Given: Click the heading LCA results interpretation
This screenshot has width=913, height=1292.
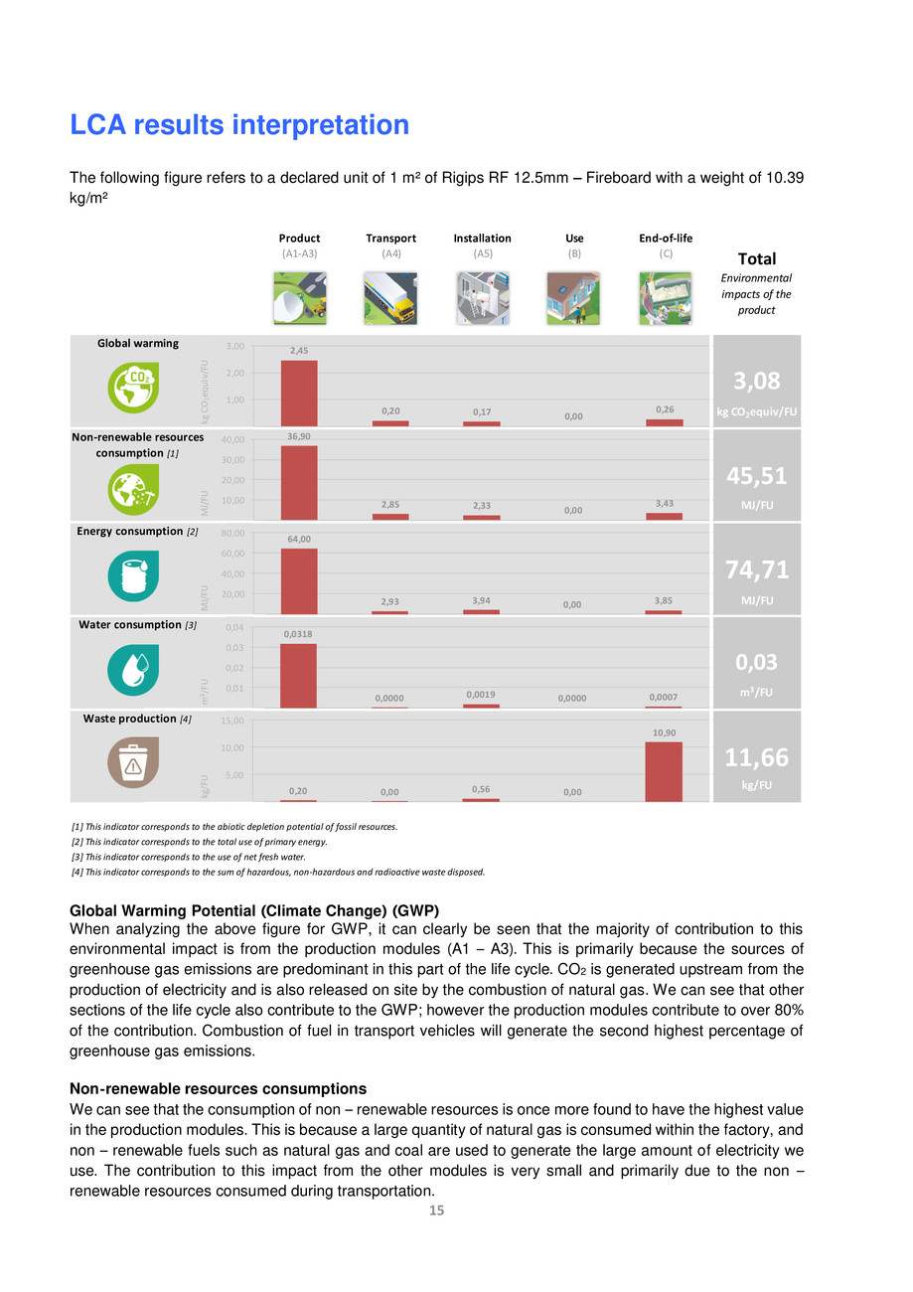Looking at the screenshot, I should tap(238, 125).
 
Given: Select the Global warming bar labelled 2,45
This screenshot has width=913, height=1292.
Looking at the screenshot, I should tap(299, 393).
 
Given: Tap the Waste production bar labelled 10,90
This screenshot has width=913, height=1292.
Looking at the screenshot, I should tap(663, 771).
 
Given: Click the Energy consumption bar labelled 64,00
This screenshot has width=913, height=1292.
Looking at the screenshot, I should tap(299, 581).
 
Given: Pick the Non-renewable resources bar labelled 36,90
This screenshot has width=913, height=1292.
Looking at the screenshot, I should tap(299, 482).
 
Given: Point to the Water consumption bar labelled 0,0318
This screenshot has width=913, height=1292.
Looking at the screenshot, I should tap(299, 676).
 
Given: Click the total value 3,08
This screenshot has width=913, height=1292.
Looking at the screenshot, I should tap(756, 381).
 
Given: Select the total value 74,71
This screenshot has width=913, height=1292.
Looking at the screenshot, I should tap(756, 568).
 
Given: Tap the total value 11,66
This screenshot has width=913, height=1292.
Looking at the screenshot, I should tap(756, 757).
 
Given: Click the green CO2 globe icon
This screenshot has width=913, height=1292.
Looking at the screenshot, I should tap(132, 388).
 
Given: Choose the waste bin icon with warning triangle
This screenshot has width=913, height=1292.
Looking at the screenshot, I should tap(132, 764).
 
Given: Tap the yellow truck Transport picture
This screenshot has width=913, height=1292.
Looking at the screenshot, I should tap(390, 298).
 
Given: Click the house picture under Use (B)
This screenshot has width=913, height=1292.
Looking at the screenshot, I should tap(573, 298).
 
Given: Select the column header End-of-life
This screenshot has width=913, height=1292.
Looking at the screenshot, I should tap(666, 239).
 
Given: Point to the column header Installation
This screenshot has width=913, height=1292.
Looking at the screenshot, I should tap(482, 239).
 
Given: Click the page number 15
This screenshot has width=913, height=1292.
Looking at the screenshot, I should tap(436, 1211).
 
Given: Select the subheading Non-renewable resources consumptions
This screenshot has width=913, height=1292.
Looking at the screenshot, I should tap(218, 1088).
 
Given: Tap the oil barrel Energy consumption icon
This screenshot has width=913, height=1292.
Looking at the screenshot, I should tap(132, 576).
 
